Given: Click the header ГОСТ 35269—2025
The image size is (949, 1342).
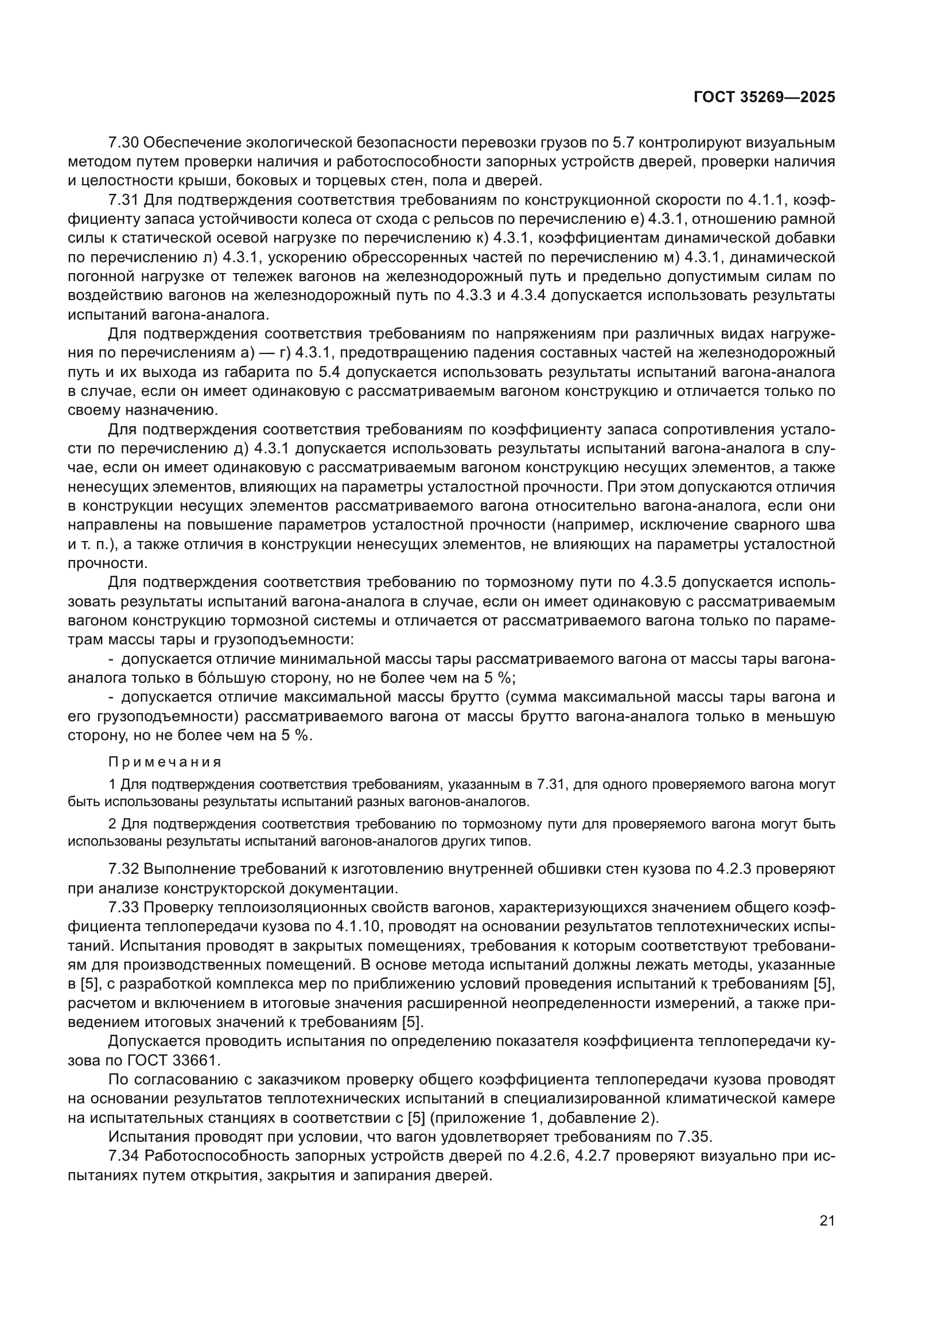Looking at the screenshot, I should pyautogui.click(x=764, y=97).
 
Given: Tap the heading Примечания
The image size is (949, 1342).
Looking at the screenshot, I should pyautogui.click(x=165, y=762).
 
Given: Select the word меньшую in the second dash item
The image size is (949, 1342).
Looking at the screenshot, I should pyautogui.click(x=800, y=717).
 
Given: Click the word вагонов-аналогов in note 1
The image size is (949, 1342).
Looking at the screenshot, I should pyautogui.click(x=477, y=800).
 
